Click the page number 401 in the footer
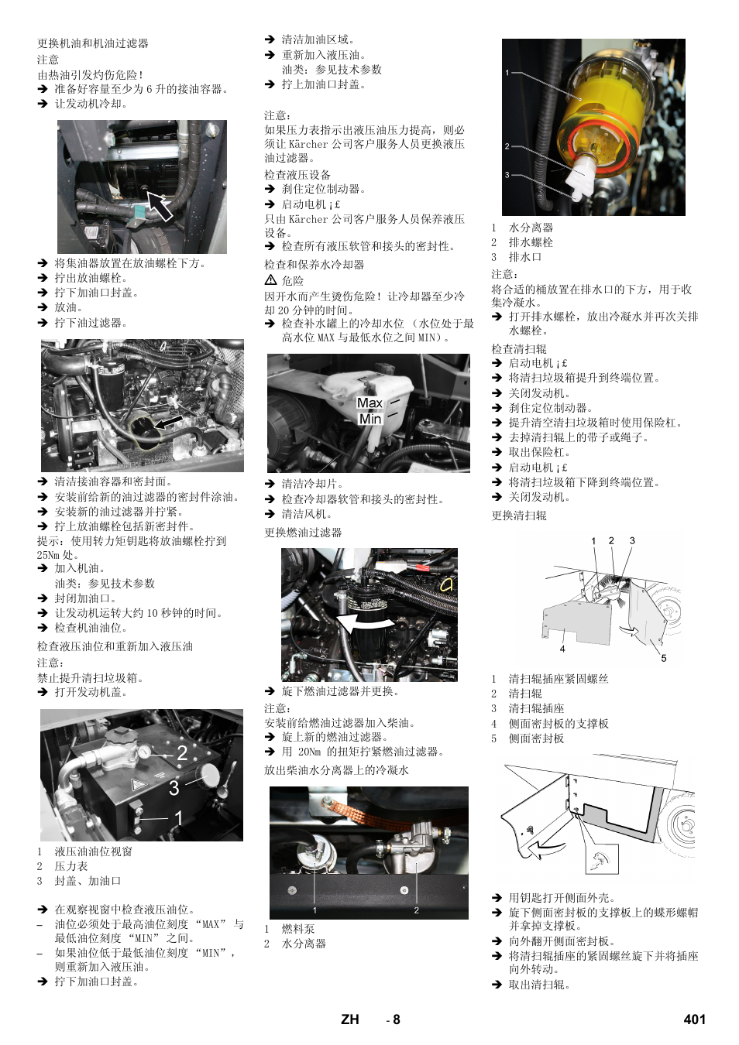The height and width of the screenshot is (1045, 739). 694,1019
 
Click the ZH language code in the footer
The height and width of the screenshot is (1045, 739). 350,1019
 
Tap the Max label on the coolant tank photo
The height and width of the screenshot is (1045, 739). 369,403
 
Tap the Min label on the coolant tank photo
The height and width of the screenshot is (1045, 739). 370,419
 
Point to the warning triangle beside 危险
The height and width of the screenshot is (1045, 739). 270,280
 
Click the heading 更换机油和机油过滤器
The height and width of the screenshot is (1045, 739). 92,43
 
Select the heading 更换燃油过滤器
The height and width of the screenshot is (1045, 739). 303,533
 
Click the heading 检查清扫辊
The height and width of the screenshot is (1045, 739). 518,348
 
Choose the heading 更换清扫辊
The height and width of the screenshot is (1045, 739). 518,516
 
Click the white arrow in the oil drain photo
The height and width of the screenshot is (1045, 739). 160,206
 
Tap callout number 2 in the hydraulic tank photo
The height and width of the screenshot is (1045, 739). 182,752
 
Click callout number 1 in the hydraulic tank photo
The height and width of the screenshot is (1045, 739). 179,817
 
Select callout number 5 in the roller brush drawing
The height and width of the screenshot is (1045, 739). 663,658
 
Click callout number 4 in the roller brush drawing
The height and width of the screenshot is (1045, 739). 562,649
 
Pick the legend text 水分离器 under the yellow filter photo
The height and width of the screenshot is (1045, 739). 531,228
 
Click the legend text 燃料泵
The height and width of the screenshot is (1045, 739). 297,929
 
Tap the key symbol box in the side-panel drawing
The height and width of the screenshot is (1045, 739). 601,860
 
